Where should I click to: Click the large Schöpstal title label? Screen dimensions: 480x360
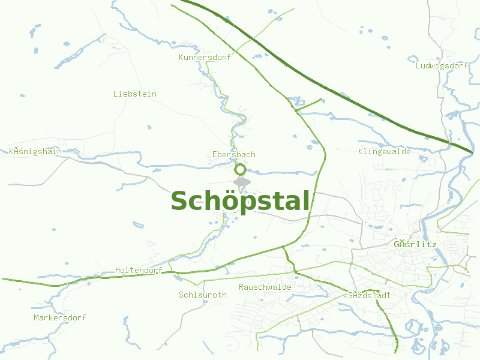pyautogui.click(x=241, y=201)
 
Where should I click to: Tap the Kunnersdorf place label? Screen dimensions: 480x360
pyautogui.click(x=205, y=58)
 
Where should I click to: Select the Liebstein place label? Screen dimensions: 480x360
pyautogui.click(x=135, y=94)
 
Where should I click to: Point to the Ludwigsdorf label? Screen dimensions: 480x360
pyautogui.click(x=442, y=65)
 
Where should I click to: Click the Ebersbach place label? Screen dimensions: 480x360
pyautogui.click(x=234, y=155)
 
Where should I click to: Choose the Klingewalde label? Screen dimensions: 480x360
pyautogui.click(x=385, y=152)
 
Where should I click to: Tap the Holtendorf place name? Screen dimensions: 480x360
pyautogui.click(x=139, y=271)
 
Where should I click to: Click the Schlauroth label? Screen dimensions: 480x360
pyautogui.click(x=203, y=295)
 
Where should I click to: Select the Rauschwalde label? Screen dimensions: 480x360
pyautogui.click(x=265, y=287)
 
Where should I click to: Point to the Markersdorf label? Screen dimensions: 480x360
pyautogui.click(x=60, y=317)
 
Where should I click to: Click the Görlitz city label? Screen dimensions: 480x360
pyautogui.click(x=415, y=245)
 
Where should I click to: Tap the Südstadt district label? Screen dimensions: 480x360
pyautogui.click(x=370, y=296)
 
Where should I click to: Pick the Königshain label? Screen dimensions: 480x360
pyautogui.click(x=35, y=152)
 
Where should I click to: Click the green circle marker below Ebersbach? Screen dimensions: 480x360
pyautogui.click(x=241, y=169)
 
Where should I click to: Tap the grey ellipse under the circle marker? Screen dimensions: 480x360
pyautogui.click(x=242, y=182)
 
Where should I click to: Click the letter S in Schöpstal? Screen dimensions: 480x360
pyautogui.click(x=181, y=202)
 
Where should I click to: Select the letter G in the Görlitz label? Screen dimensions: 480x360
pyautogui.click(x=397, y=245)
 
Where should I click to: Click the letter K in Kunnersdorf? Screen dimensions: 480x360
pyautogui.click(x=182, y=58)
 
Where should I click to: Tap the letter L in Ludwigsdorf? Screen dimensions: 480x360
pyautogui.click(x=418, y=65)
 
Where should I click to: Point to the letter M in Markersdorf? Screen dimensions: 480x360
pyautogui.click(x=37, y=317)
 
